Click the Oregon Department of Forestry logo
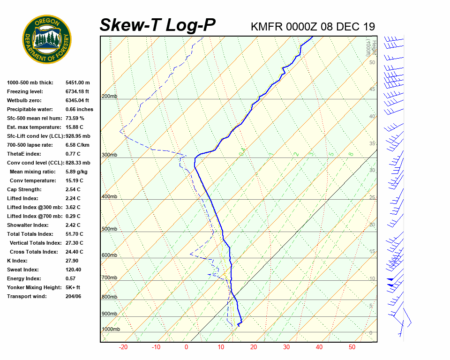(47, 39)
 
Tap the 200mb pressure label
(109, 97)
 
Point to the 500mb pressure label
(109, 229)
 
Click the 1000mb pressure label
(111, 330)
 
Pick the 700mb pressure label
(109, 278)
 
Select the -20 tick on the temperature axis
(123, 347)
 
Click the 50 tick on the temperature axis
(352, 347)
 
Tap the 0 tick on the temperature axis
(186, 347)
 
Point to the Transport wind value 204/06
(74, 296)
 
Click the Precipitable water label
(30, 109)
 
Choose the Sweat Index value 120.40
(73, 270)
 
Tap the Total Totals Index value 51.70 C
(74, 234)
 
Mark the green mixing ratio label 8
(351, 154)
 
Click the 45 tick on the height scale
(372, 89)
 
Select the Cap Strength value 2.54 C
(73, 189)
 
